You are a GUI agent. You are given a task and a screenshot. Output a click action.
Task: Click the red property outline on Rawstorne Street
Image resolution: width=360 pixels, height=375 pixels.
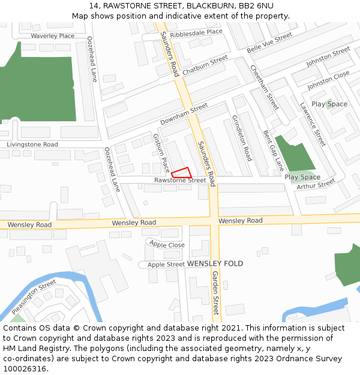click(182, 173)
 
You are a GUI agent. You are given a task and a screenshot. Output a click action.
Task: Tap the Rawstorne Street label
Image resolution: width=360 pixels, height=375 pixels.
click(180, 180)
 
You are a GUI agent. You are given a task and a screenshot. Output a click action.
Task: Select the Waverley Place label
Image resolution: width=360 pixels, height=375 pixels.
click(53, 36)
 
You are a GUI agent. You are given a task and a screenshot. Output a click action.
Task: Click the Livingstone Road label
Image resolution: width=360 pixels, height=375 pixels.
click(32, 145)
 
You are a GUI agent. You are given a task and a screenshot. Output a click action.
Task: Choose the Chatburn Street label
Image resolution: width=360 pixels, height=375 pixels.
click(205, 65)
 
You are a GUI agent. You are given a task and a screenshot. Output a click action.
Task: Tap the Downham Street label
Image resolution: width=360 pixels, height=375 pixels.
click(184, 114)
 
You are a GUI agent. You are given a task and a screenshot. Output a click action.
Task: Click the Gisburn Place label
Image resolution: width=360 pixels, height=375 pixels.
click(161, 153)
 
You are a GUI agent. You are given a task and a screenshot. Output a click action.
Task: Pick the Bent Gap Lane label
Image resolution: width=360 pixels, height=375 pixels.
click(274, 151)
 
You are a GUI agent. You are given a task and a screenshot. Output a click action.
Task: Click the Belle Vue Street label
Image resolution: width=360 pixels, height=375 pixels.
click(269, 42)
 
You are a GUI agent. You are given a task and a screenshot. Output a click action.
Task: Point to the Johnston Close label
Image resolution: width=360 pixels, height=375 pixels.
click(328, 80)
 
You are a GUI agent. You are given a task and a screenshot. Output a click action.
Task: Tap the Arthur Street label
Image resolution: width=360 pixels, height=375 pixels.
click(316, 185)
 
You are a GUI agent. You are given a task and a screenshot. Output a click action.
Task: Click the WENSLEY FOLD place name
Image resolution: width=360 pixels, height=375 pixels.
click(215, 263)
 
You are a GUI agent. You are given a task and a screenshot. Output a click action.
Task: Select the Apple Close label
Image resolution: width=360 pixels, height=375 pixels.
click(167, 245)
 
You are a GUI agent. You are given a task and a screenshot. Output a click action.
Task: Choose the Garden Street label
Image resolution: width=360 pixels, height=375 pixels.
click(215, 293)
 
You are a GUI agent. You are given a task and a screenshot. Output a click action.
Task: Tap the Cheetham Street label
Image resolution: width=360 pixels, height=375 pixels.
click(265, 87)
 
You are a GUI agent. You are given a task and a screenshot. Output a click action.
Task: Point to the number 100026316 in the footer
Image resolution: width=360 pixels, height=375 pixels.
click(26, 368)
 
